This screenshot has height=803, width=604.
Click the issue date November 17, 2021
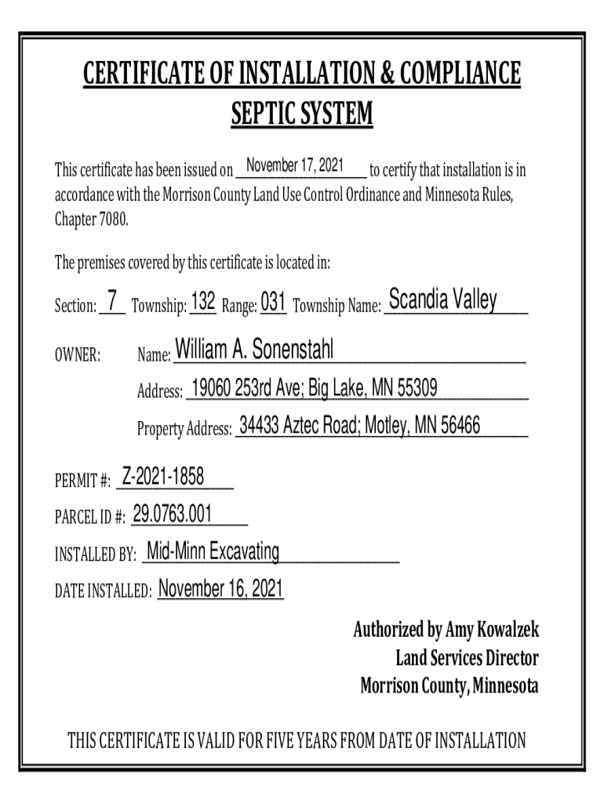coord(295,166)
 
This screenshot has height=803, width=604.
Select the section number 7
coord(113,300)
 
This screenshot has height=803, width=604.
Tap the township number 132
coord(203,301)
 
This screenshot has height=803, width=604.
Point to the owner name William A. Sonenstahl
coord(255,351)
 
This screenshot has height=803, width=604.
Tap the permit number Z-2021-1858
coord(162,475)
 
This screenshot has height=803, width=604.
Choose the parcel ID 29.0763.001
coord(173,514)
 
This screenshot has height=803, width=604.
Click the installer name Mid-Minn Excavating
coord(213,552)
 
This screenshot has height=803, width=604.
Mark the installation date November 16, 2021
coord(220,589)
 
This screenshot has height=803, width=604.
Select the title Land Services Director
coord(467,658)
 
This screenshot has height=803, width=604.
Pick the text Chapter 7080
coord(90,219)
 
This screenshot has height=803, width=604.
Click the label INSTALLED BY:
coord(95,556)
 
